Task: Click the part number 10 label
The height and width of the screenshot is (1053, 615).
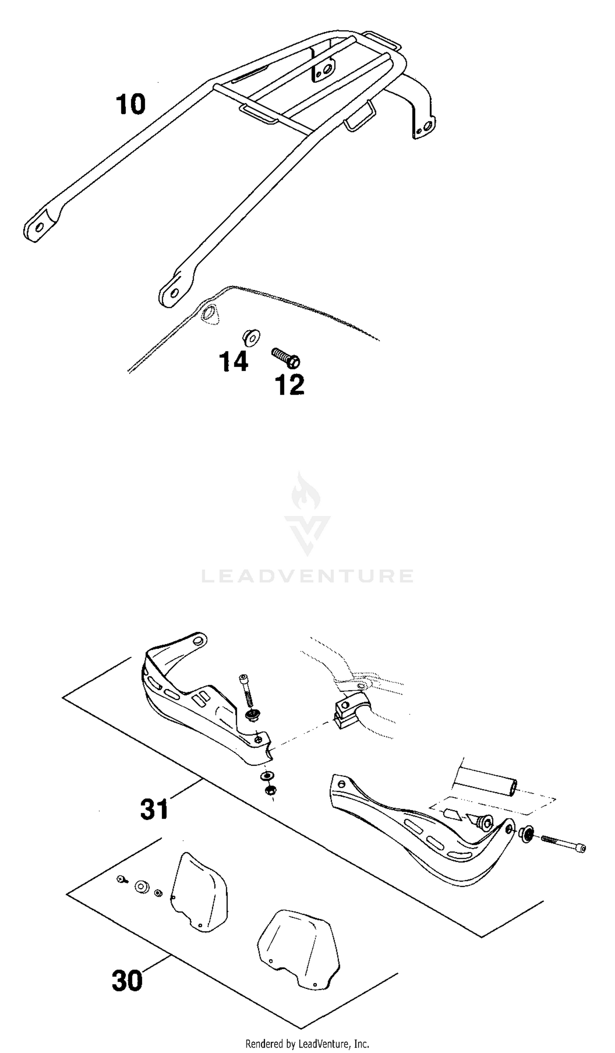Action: (x=131, y=104)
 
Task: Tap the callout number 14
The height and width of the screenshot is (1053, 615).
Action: (x=234, y=361)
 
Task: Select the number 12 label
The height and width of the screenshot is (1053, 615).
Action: (x=289, y=385)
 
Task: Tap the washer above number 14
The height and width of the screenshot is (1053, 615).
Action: (x=251, y=337)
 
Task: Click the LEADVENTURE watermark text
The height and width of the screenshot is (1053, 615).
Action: (x=307, y=576)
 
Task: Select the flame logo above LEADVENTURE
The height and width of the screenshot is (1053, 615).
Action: (x=307, y=514)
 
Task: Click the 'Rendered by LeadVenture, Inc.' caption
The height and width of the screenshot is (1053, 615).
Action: (x=307, y=1044)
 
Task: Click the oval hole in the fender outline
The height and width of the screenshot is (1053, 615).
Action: (x=210, y=313)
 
